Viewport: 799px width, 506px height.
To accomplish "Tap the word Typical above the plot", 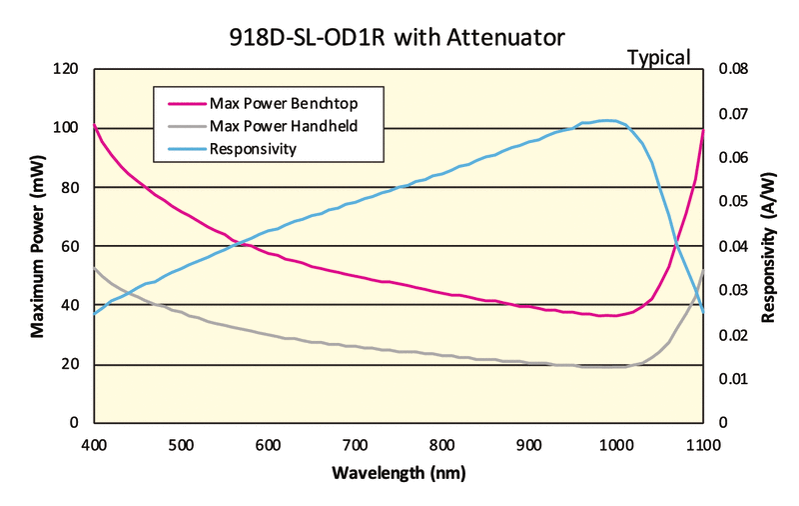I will point(658,58).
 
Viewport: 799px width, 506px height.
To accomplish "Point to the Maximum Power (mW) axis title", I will point(37,245).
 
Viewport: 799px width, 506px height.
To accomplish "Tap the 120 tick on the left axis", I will point(65,69).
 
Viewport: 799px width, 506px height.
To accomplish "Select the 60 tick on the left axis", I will point(69,246).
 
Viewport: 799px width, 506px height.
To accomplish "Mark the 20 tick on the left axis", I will point(69,364).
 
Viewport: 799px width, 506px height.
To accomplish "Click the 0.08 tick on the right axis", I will point(732,69).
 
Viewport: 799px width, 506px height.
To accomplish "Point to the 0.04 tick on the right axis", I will point(732,246).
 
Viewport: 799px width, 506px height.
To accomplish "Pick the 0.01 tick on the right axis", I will point(732,379).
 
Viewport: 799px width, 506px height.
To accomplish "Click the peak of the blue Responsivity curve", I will point(606,120).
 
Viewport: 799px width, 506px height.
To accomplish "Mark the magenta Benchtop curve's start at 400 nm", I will point(95,125).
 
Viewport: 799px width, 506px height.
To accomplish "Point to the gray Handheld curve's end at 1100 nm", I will point(703,270).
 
